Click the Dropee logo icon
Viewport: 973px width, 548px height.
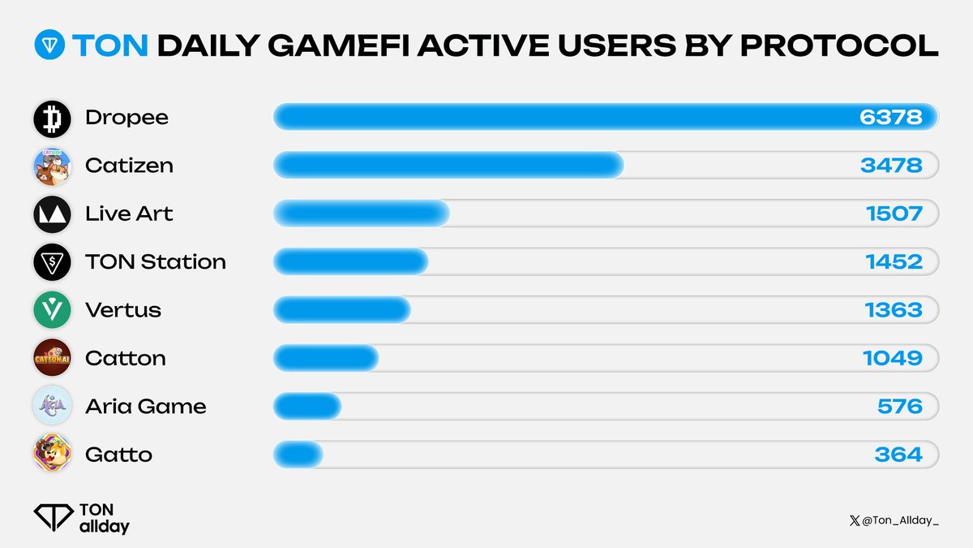tap(52, 118)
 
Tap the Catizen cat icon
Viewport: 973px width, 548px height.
tap(52, 166)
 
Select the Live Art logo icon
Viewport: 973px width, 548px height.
tap(52, 214)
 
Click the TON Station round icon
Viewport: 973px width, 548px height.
tap(52, 261)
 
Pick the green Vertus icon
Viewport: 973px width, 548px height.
tap(52, 309)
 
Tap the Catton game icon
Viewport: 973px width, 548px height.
tap(52, 357)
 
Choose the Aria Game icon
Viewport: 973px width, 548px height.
tap(52, 405)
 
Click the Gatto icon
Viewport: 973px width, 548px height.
tap(52, 453)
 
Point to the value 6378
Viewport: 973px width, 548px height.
tap(890, 118)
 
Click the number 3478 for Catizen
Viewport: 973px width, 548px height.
tap(890, 166)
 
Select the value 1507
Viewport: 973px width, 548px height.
tap(894, 214)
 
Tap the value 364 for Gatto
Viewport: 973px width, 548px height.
tap(898, 454)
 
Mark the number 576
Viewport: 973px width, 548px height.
tap(899, 406)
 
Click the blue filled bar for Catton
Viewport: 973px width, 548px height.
tap(326, 358)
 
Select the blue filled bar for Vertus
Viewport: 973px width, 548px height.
tap(342, 310)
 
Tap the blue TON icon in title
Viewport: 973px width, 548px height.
tap(49, 47)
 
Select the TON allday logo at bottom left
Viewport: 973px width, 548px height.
tap(81, 517)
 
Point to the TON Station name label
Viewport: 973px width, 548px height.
tap(155, 261)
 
